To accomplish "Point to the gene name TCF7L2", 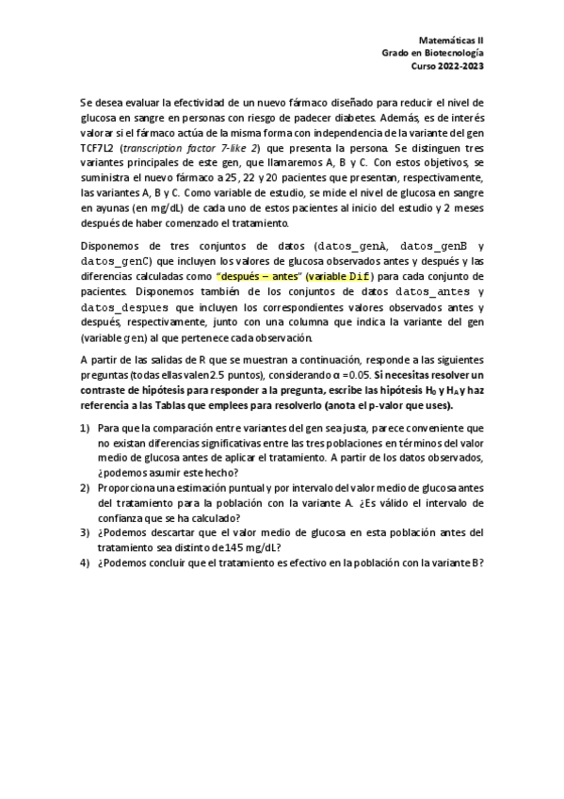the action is (96, 148).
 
